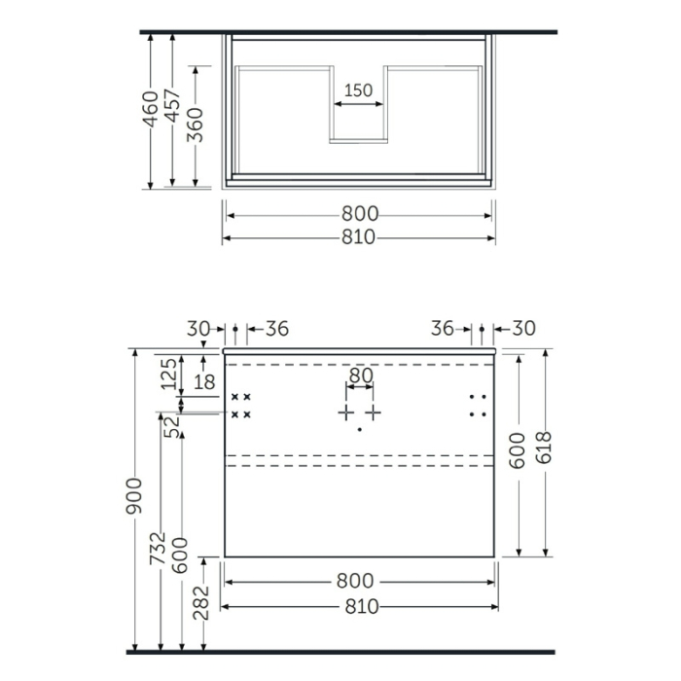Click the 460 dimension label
150,113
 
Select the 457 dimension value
172,113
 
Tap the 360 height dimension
196,125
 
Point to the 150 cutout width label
358,90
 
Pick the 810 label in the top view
358,238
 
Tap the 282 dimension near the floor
203,602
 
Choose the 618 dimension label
545,452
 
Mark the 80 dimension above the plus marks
360,375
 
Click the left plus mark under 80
345,412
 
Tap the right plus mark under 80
375,412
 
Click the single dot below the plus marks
360,429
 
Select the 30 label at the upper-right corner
523,329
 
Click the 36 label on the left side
276,329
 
